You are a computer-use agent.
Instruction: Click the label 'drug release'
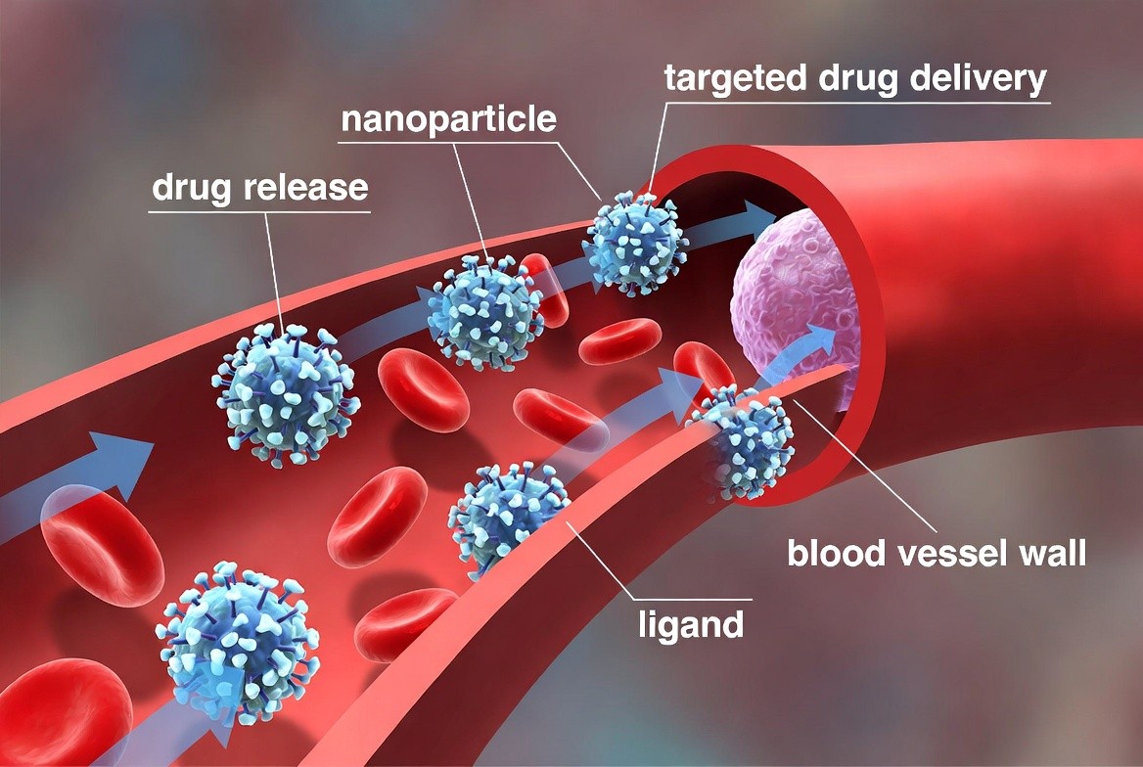[x=260, y=188]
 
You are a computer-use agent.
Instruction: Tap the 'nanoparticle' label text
[x=448, y=119]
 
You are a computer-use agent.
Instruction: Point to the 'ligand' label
[x=691, y=625]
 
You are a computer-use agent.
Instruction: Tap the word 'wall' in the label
[x=1053, y=553]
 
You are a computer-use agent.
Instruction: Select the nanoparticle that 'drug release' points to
[x=286, y=394]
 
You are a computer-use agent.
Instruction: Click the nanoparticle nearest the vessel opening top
[x=636, y=243]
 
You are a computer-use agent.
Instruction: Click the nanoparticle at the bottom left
[x=238, y=642]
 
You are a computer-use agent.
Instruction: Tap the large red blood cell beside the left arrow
[x=102, y=546]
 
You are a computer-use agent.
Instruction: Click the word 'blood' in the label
[x=837, y=553]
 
